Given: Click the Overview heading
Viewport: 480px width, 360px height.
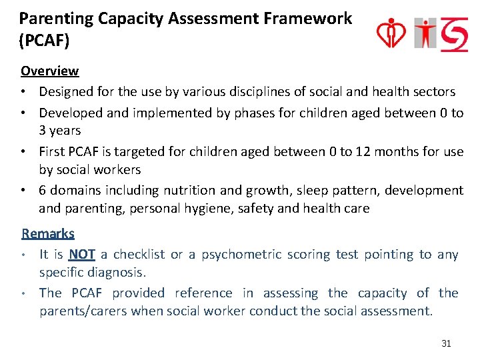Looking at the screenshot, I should click(49, 71).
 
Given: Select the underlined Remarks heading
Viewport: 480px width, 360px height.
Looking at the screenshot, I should click(48, 233).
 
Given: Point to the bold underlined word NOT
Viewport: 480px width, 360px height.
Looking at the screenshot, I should click(82, 255).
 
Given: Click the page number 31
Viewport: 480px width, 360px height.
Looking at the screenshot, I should click(446, 344).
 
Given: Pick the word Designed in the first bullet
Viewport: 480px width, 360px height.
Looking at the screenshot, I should click(65, 91).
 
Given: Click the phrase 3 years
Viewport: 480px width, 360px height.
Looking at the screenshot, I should click(59, 131).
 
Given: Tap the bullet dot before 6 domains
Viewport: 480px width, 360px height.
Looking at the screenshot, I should click(25, 191).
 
